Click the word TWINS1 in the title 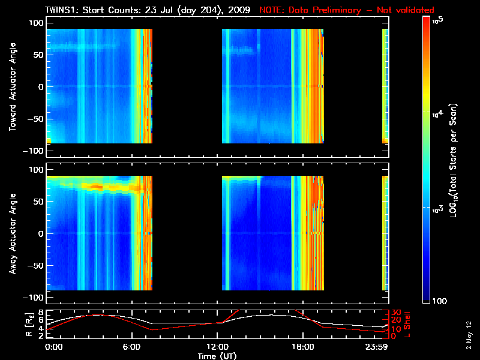62,10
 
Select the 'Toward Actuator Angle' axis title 13,87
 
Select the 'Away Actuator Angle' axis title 13,233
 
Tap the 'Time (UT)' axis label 217,356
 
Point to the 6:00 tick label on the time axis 131,347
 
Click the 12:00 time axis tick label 217,347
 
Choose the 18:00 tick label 303,347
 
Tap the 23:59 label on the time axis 376,347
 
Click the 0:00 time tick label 54,347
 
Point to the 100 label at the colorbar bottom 439,301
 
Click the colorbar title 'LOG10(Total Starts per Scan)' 453,160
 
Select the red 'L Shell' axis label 407,325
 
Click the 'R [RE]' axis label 29,325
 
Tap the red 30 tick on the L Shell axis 395,313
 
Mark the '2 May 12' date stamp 469,335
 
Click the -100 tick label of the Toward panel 34,151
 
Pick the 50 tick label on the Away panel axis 38,202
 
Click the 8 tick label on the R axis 41,313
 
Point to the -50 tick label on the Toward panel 35,119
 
